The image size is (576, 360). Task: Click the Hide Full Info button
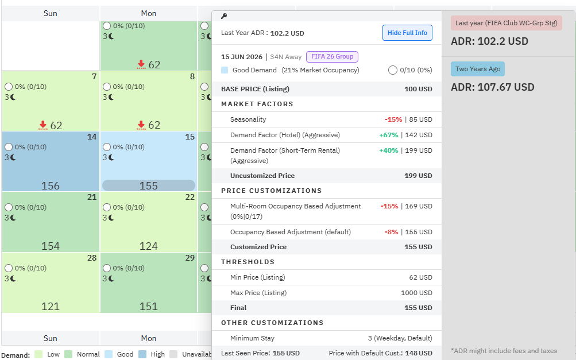407,33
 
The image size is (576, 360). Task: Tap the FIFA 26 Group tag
332,57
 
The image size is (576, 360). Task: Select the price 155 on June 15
148,185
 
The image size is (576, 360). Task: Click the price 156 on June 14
51,185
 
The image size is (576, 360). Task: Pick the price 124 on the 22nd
148,246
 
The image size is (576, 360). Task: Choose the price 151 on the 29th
148,306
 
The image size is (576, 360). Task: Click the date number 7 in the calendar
94,76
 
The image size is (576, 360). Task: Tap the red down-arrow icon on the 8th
141,125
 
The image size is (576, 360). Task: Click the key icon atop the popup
224,16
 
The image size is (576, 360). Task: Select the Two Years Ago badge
478,69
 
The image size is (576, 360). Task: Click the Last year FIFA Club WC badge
506,23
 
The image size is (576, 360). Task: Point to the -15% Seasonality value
393,119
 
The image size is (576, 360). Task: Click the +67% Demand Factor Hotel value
389,135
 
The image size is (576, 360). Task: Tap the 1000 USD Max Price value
416,293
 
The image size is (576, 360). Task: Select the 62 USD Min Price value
420,277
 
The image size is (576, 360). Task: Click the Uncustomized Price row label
262,176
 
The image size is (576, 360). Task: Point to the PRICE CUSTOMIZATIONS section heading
272,191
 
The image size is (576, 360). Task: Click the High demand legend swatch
142,354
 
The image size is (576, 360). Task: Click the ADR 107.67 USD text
493,87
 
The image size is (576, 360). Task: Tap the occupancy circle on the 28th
9,268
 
